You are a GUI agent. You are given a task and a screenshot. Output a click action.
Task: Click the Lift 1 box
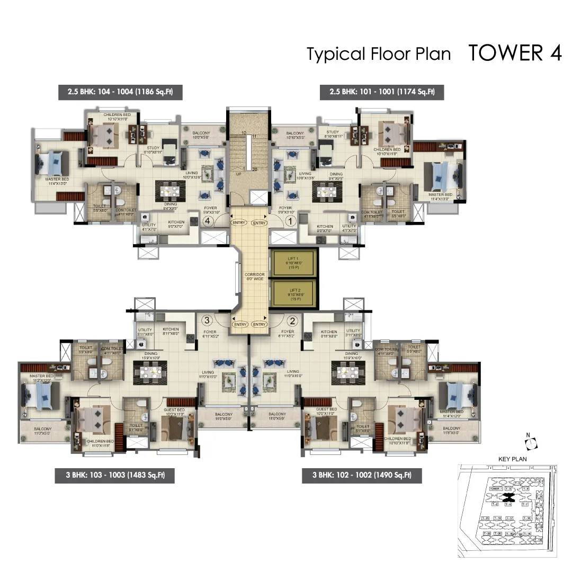pos(293,263)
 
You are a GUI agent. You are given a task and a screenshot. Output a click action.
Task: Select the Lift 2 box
pos(293,293)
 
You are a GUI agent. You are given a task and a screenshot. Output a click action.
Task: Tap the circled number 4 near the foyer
pos(209,221)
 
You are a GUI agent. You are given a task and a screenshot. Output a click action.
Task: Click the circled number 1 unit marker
pos(290,221)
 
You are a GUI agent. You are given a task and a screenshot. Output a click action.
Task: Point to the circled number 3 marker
pos(208,320)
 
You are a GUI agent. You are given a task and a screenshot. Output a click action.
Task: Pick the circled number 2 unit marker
pos(291,320)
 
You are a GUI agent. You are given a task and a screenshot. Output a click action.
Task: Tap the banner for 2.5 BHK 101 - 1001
pos(381,92)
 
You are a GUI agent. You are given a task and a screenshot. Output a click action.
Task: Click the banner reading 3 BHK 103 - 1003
pos(114,475)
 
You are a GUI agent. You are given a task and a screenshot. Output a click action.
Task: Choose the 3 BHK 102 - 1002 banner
pos(362,475)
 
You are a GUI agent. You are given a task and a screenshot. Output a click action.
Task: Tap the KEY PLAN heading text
pos(512,459)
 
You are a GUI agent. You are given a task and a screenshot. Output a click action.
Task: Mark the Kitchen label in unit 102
pos(328,332)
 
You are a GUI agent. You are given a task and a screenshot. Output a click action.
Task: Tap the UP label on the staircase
pos(238,174)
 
